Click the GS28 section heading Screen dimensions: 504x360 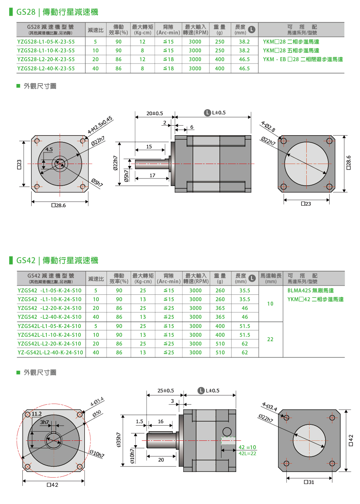pos(57,12)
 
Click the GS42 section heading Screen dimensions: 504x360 pos(57,260)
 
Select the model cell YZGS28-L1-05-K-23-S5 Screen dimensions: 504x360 pos(46,42)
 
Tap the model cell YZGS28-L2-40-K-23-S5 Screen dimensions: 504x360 pos(46,68)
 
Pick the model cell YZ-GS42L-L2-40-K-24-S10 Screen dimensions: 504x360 pos(50,352)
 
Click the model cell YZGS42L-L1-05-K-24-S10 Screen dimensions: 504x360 pos(50,326)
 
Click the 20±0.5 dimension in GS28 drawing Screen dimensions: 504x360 pos(154,113)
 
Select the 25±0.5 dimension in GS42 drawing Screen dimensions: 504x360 pos(166,390)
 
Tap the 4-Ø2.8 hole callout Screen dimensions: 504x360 pos(268,127)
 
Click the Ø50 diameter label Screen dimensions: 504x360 pos(97,414)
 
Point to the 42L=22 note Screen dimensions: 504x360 pos(247,453)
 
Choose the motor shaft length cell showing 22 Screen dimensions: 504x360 pos(270,339)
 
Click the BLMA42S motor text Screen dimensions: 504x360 pos(310,291)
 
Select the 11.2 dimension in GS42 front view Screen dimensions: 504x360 pos(37,414)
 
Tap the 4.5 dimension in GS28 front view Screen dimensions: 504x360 pos(49,149)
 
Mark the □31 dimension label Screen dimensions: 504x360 pos(309,482)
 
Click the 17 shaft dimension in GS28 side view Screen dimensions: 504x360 pos(152,176)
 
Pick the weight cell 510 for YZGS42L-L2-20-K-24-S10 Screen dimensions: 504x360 pos(220,344)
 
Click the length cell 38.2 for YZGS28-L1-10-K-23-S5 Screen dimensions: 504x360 pos(244,50)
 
